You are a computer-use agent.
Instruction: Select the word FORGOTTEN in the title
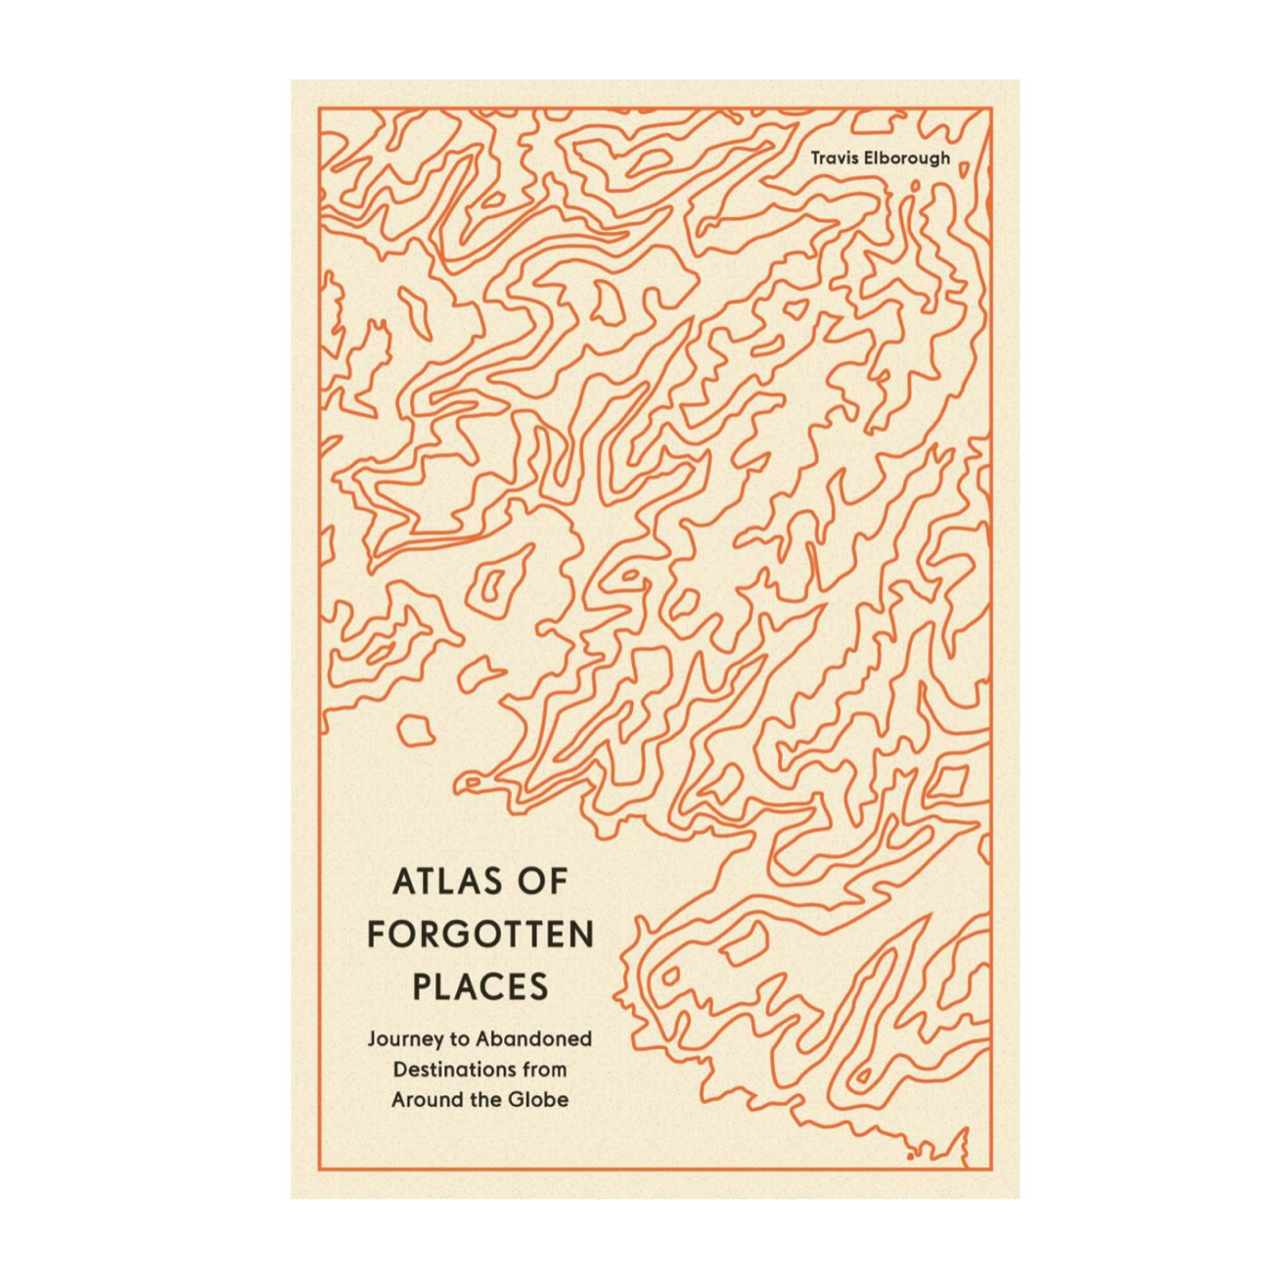(x=480, y=935)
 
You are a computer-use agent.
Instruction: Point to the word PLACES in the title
(x=480, y=986)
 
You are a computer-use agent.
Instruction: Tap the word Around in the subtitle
(x=425, y=1099)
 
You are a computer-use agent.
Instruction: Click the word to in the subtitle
(x=459, y=1038)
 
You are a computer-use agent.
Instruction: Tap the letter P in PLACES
(x=422, y=986)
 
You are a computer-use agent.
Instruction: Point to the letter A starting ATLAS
(x=402, y=882)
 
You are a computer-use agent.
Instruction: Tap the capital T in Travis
(x=815, y=157)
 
